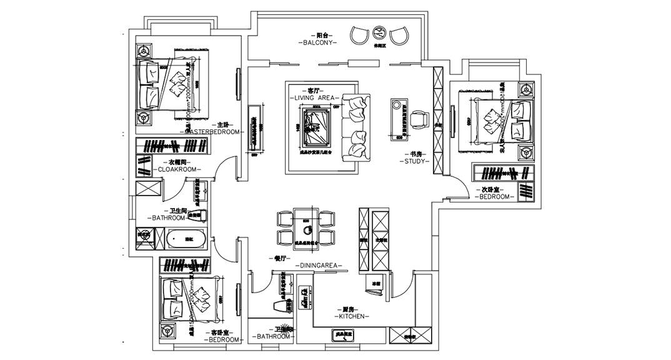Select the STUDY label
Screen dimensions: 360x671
tap(414, 161)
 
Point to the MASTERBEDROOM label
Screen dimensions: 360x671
tap(213, 132)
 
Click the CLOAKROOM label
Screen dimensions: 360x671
tap(177, 169)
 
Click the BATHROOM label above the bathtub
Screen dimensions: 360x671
tap(168, 218)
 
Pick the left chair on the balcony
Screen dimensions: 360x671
tap(360, 34)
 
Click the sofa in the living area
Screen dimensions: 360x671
tap(357, 126)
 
